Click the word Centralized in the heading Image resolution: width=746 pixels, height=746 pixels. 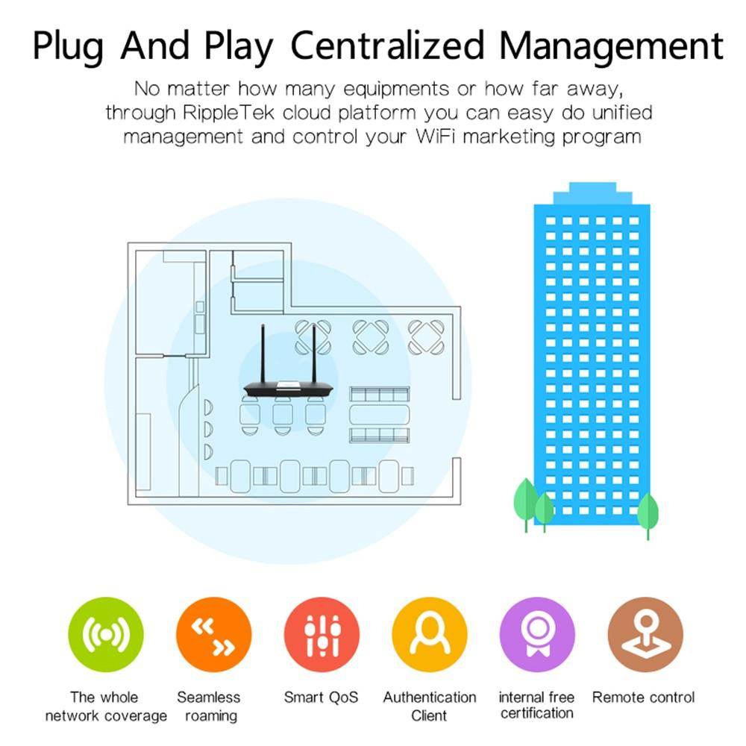(x=387, y=46)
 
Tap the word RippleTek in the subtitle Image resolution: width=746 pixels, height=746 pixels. (x=228, y=113)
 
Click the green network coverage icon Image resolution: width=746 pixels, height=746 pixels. (x=106, y=634)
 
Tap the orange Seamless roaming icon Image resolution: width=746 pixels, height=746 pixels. (x=213, y=634)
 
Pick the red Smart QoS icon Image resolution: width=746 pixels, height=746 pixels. (x=322, y=634)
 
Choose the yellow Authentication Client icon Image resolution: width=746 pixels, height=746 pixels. (x=430, y=634)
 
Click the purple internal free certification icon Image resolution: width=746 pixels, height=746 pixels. (x=538, y=634)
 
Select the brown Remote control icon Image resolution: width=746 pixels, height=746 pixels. (x=645, y=634)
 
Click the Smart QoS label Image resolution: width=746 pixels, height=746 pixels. (x=321, y=698)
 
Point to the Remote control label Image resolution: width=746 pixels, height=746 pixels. (x=643, y=698)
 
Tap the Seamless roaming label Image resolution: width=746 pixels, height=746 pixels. (x=209, y=706)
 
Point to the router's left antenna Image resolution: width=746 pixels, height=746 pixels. (x=263, y=354)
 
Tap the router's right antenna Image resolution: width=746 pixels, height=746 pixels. (x=314, y=354)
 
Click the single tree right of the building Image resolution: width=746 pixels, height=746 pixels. (x=648, y=515)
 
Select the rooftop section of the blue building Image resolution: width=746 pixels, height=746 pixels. (x=592, y=193)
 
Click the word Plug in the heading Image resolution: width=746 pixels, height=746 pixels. (x=68, y=46)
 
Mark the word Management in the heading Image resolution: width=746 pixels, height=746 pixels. (x=612, y=46)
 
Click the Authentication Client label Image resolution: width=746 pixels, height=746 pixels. (x=430, y=706)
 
